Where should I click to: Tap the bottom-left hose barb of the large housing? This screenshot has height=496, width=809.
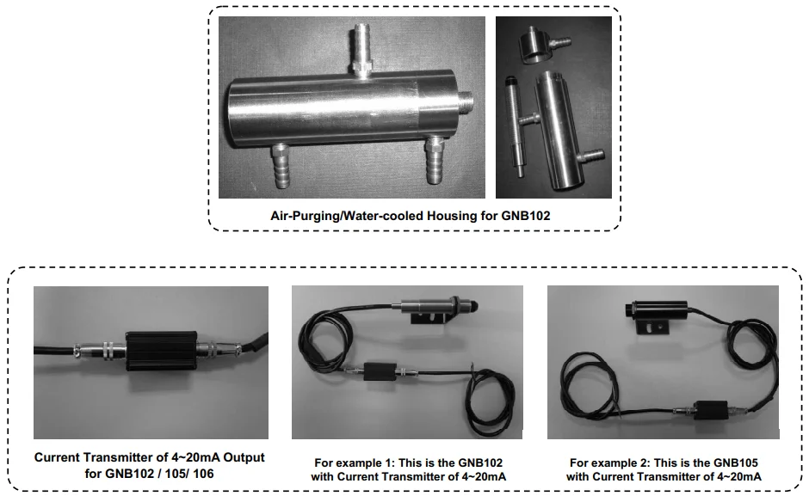pyautogui.click(x=281, y=165)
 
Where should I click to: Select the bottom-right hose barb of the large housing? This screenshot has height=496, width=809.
pyautogui.click(x=433, y=159)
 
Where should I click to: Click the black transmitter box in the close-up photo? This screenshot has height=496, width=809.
pyautogui.click(x=161, y=351)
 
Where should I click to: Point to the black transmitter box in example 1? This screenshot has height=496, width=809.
pyautogui.click(x=380, y=371)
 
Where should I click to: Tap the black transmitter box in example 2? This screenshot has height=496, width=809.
pyautogui.click(x=710, y=410)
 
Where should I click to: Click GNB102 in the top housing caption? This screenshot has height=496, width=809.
pyautogui.click(x=525, y=216)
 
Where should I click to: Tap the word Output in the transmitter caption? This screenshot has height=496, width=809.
pyautogui.click(x=244, y=457)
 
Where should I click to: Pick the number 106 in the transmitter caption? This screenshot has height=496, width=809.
pyautogui.click(x=203, y=474)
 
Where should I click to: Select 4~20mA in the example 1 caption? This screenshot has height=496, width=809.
pyautogui.click(x=481, y=476)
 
